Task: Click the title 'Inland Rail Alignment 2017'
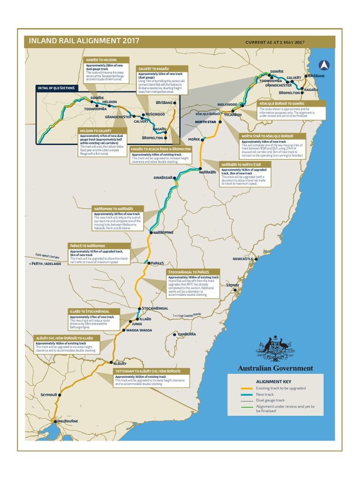coord(84,41)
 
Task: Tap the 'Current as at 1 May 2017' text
coord(275,42)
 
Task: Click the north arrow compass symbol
coord(323,65)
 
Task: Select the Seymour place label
coord(48,395)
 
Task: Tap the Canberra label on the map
coord(186,334)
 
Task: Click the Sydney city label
coord(232,285)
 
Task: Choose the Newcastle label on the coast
coord(243,259)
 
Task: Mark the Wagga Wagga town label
coord(139,330)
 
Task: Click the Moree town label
coord(194,139)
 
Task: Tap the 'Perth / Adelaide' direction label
coord(45,264)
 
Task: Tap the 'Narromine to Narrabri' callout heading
coord(113,208)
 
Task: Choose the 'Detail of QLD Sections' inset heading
coord(56,88)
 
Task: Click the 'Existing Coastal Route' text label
coord(187,315)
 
